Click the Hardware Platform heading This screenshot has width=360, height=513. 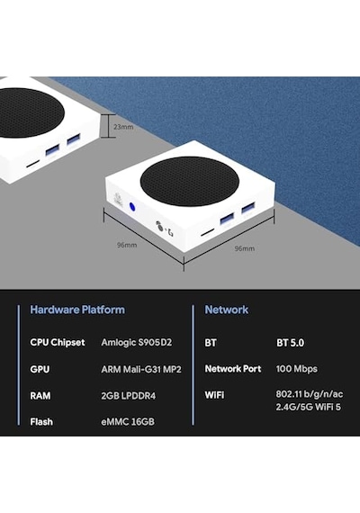pos(77,310)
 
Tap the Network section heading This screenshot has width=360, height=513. pos(227,310)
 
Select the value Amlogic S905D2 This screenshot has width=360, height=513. pos(137,343)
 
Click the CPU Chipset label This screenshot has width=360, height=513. pos(58,343)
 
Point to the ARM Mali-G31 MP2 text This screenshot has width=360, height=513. pos(141,369)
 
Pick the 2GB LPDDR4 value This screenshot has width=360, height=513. pos(129,396)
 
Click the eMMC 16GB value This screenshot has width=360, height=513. pos(128,422)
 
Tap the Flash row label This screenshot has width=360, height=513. pos(41,422)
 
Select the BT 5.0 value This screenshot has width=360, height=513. pos(291,343)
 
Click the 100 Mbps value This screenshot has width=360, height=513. pos(296,369)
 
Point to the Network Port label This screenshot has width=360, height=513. pos(233,369)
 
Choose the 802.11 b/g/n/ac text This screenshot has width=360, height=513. pos(310,394)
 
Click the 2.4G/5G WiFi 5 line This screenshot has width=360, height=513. pos(309,407)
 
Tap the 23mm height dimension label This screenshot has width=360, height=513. pos(123,127)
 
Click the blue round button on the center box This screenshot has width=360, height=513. pos(132,207)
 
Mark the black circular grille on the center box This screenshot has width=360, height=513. pos(190,181)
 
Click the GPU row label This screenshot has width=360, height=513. pos(40,369)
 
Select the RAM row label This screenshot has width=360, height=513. pos(40,396)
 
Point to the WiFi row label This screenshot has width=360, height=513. pos(214,395)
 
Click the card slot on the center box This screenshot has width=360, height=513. pos(207,232)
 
